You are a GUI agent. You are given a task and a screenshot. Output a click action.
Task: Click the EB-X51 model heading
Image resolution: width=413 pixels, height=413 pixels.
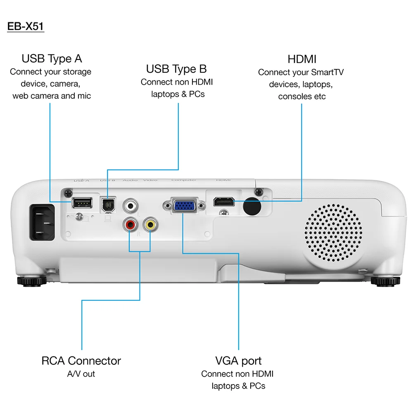(26, 26)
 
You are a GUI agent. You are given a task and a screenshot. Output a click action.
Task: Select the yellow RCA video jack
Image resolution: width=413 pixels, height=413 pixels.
(150, 225)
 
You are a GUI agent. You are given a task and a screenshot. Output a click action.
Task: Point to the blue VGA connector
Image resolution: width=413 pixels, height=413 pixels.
(184, 205)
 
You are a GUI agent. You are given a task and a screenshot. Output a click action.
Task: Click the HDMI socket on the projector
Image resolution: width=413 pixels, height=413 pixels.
(224, 202)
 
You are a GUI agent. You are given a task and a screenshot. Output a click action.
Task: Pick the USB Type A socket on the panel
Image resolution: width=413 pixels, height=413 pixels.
(82, 202)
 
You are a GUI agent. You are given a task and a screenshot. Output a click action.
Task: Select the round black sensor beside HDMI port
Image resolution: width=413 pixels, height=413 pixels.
(253, 205)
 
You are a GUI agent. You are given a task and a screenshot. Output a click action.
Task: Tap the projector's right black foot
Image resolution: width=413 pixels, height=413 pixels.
(385, 282)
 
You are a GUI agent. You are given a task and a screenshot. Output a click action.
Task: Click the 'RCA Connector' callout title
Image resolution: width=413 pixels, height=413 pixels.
(81, 361)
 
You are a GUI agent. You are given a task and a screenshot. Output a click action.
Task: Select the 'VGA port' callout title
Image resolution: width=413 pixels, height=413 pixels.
(238, 361)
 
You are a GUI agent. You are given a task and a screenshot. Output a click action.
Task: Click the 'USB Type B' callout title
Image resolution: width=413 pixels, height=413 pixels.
(176, 69)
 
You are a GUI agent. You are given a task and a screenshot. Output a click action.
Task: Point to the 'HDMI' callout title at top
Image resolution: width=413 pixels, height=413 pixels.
(302, 59)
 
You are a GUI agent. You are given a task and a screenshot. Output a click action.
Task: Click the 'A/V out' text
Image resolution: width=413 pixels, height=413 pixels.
(81, 374)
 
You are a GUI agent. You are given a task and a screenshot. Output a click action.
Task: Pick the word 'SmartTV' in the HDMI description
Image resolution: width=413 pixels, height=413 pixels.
(327, 72)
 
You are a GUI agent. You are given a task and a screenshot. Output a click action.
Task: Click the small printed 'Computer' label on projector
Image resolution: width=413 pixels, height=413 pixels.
(183, 180)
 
